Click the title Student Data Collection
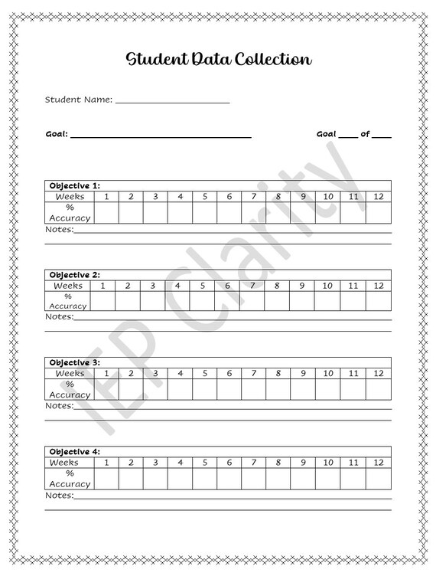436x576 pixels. pyautogui.click(x=218, y=59)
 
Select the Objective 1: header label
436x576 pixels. pyautogui.click(x=74, y=185)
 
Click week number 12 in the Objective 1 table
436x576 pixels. pyautogui.click(x=378, y=197)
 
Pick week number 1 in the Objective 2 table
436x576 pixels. pyautogui.click(x=102, y=286)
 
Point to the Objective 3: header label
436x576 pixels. pyautogui.click(x=74, y=362)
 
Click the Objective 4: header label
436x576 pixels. pyautogui.click(x=74, y=452)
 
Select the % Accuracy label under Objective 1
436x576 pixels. pyautogui.click(x=70, y=212)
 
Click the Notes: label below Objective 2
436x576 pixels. pyautogui.click(x=60, y=316)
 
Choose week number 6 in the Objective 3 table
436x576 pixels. pyautogui.click(x=229, y=373)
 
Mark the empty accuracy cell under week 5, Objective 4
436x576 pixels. pyautogui.click(x=204, y=478)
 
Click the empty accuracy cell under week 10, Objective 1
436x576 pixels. pyautogui.click(x=327, y=212)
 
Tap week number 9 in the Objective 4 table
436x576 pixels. pyautogui.click(x=303, y=463)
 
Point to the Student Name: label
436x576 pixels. pyautogui.click(x=79, y=100)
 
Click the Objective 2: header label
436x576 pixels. pyautogui.click(x=74, y=274)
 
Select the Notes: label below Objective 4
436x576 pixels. pyautogui.click(x=60, y=495)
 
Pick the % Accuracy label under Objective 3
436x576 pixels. pyautogui.click(x=70, y=389)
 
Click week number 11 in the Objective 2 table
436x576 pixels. pyautogui.click(x=353, y=286)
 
